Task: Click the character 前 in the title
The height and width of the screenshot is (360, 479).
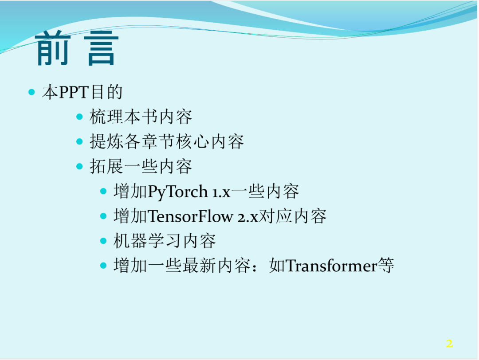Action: [52, 48]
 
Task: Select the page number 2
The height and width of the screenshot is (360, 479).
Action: [449, 343]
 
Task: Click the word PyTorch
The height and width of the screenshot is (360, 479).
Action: [178, 192]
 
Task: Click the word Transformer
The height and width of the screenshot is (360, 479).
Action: [331, 266]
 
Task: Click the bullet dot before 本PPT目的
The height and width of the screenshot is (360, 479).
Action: [31, 92]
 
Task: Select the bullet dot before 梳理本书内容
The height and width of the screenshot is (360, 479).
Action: [79, 117]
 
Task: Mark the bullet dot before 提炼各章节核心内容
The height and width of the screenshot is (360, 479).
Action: [79, 142]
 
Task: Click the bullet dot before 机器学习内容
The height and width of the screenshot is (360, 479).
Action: [103, 241]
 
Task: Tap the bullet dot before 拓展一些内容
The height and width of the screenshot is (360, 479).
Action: [79, 167]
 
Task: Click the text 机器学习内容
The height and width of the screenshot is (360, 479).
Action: [165, 241]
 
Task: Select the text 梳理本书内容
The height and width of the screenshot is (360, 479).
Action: [141, 117]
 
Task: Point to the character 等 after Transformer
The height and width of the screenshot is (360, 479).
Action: [386, 266]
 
